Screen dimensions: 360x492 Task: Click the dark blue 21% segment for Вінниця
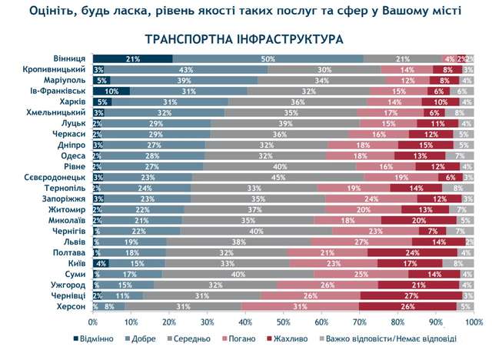point(132,59)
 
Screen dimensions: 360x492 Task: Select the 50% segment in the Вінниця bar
point(268,59)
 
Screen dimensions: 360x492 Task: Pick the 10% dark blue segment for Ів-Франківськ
point(111,91)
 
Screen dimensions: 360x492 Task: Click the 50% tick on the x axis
point(283,321)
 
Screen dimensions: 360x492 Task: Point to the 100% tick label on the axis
point(472,321)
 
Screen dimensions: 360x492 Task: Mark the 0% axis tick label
point(93,321)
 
